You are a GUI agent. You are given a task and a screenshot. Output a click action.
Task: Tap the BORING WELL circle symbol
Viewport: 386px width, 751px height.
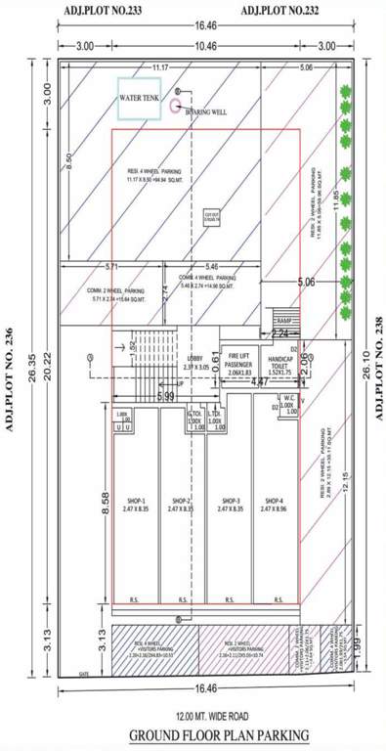click(176, 104)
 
